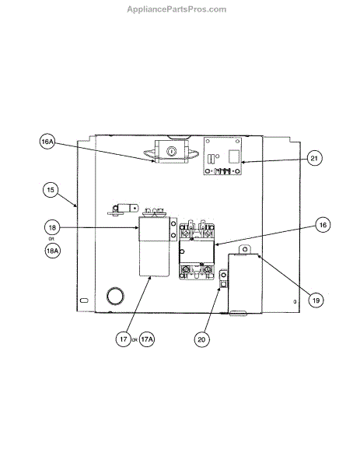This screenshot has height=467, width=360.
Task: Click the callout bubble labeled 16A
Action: (47, 142)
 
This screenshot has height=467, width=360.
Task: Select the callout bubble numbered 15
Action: (51, 190)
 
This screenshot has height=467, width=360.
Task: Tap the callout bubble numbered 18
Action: (52, 227)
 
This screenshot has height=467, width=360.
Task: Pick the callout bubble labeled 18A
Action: (52, 251)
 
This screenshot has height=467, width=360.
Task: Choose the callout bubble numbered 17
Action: (123, 339)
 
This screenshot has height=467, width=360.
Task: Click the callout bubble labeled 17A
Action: (147, 339)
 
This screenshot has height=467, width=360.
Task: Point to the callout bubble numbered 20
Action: (201, 339)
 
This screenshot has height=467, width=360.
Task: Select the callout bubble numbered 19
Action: (316, 300)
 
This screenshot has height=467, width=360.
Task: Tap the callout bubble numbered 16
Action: (323, 225)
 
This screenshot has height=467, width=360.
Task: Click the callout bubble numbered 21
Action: (314, 158)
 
